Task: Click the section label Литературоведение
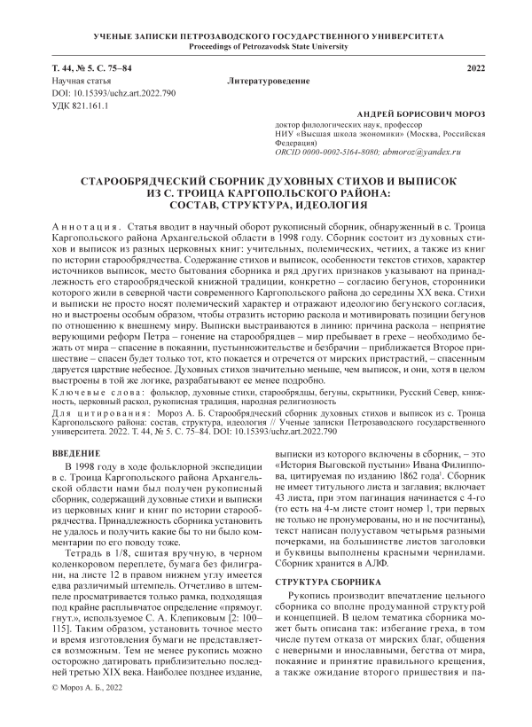tap(266, 82)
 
